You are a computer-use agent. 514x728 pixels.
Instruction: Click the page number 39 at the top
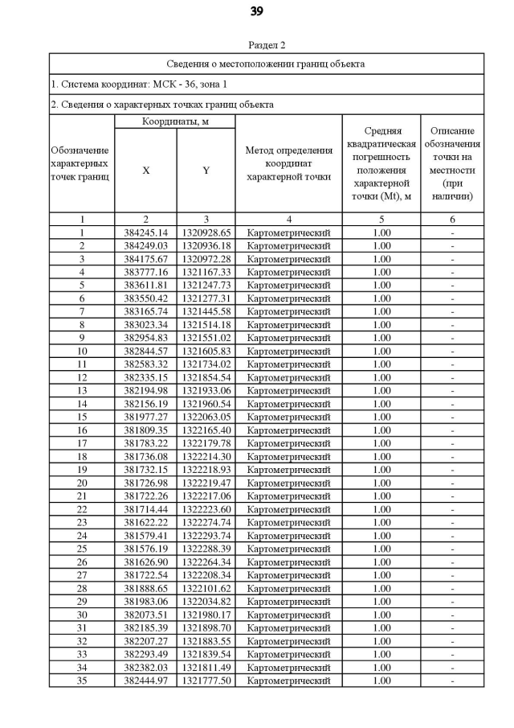click(256, 11)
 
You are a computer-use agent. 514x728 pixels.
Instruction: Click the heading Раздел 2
click(267, 45)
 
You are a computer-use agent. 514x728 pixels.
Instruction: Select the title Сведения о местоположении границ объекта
click(267, 63)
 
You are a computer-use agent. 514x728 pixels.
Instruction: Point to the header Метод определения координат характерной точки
click(288, 163)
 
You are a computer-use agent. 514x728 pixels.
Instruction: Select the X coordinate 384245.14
click(145, 232)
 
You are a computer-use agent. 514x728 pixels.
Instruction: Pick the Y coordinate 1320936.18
click(206, 245)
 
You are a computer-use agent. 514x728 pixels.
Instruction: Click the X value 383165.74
click(145, 311)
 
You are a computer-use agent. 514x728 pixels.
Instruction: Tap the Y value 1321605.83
click(206, 351)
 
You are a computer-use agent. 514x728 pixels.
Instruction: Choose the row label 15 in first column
click(81, 417)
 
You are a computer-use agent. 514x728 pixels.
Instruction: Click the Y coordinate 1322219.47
click(206, 483)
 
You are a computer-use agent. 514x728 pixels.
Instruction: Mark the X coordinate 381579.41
click(145, 535)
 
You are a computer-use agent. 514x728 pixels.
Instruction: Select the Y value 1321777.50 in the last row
click(206, 681)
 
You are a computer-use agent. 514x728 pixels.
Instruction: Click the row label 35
click(81, 681)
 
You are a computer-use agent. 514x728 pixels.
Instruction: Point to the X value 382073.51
click(145, 615)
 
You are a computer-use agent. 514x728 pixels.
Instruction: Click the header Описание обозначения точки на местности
click(452, 163)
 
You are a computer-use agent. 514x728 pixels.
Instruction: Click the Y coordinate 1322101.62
click(206, 588)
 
